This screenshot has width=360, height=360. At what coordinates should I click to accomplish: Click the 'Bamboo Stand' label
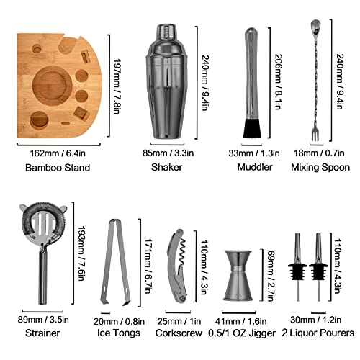(x=58, y=168)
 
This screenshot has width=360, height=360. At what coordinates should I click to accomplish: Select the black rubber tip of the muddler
(x=252, y=129)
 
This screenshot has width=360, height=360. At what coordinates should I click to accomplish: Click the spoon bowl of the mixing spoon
(x=315, y=27)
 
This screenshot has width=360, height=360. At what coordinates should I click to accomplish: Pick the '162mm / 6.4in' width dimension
(x=58, y=153)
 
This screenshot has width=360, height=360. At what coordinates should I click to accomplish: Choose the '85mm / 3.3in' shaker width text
(x=168, y=153)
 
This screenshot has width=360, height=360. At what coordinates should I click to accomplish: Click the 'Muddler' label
(x=255, y=167)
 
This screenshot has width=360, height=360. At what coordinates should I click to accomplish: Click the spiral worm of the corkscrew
(x=183, y=252)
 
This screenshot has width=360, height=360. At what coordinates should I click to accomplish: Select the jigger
(x=238, y=276)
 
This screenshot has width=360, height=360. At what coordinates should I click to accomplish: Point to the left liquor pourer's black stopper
(x=297, y=271)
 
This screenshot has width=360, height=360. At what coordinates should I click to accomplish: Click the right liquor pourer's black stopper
(x=318, y=271)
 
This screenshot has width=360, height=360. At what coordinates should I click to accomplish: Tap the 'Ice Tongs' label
(x=119, y=333)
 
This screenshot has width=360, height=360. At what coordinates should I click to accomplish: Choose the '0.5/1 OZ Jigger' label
(x=242, y=333)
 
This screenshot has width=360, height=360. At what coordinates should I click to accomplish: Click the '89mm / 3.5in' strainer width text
(x=43, y=320)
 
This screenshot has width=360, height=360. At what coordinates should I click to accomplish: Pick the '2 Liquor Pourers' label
(x=318, y=333)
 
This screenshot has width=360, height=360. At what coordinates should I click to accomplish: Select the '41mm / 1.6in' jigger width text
(x=240, y=321)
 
